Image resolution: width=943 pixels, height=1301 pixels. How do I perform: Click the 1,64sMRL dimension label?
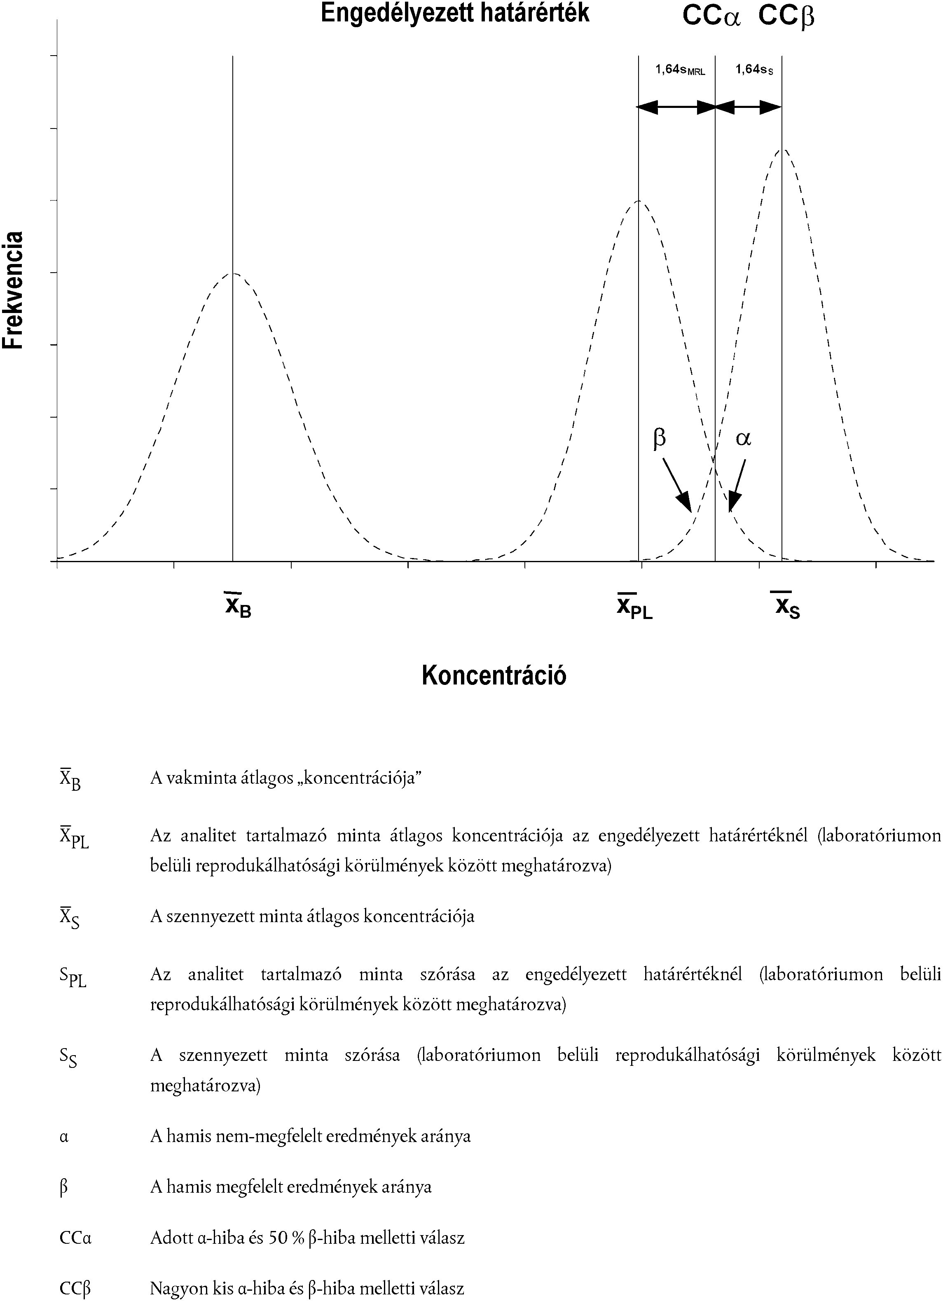680,70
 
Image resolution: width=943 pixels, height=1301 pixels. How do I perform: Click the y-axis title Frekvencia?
13,290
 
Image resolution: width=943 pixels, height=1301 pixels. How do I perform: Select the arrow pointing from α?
737,485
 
